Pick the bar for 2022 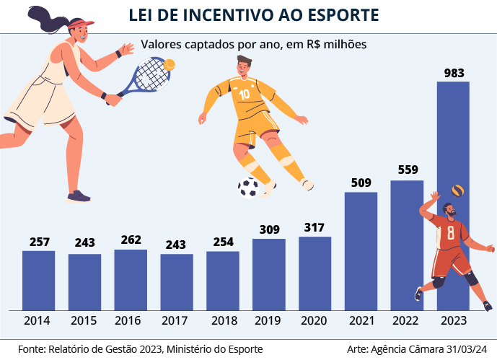pos(407,245)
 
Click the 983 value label pos(454,73)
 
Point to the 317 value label pos(315,228)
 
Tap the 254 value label pos(223,242)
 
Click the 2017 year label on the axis pos(177,320)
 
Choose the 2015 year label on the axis pos(84,320)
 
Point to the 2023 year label pos(454,320)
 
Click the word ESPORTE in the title pos(335,15)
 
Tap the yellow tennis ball pos(170,65)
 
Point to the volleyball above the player pos(457,191)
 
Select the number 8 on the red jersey pos(450,233)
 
